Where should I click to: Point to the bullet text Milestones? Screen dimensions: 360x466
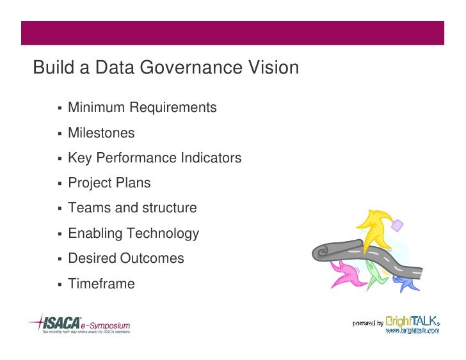coord(101,133)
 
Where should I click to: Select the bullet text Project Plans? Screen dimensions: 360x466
coord(109,183)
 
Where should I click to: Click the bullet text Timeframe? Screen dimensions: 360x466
coord(101,284)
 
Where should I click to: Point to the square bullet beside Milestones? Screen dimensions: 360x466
coord(58,134)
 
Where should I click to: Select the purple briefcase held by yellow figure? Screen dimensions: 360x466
coord(398,224)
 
